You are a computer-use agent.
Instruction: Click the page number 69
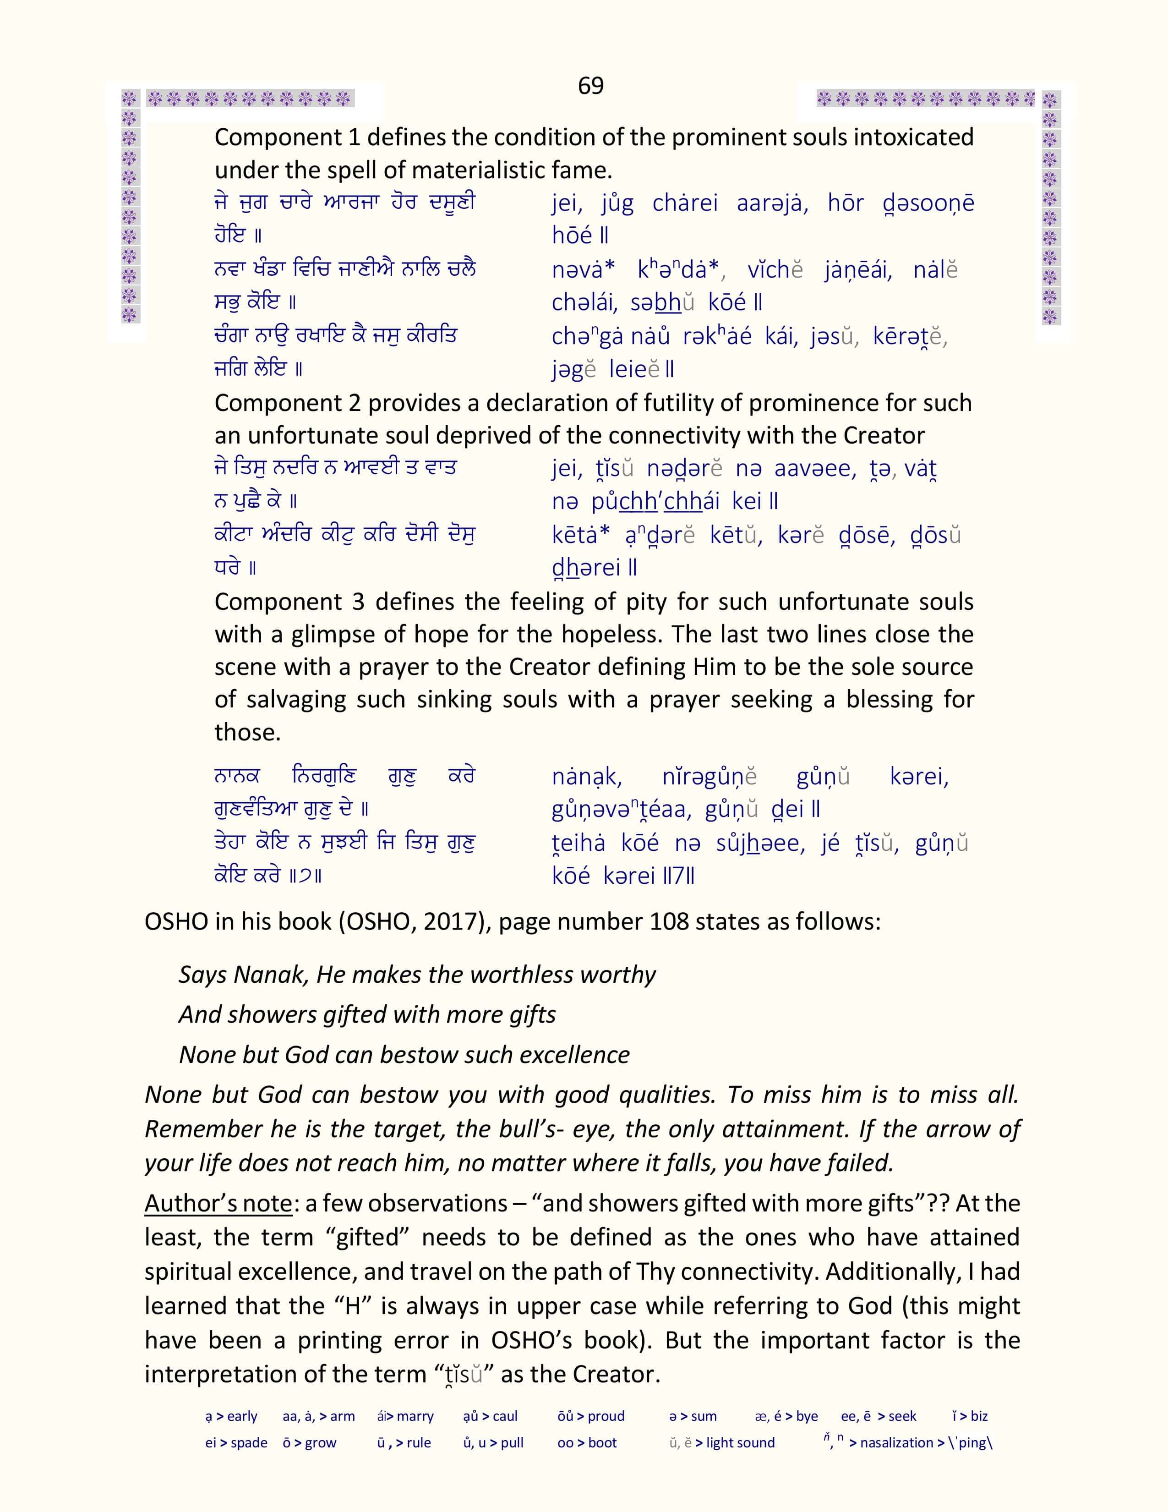590,86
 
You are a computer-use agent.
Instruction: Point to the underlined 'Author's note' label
218,1203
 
